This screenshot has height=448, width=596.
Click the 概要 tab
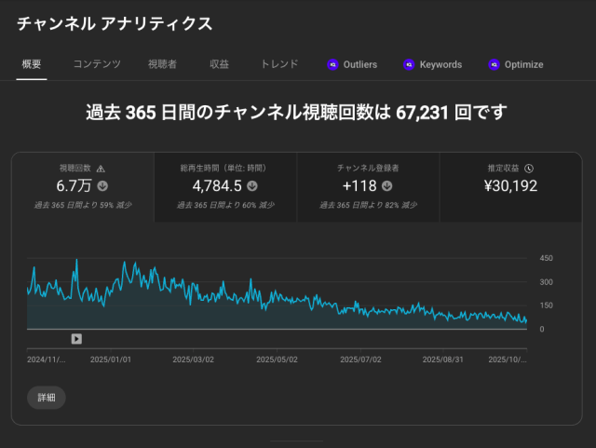pyautogui.click(x=31, y=64)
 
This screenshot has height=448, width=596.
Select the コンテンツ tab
pyautogui.click(x=97, y=64)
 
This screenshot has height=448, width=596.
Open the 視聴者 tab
pyautogui.click(x=162, y=64)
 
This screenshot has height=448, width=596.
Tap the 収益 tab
pyautogui.click(x=220, y=64)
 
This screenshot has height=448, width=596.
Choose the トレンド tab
pyautogui.click(x=279, y=64)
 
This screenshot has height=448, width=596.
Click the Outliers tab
pyautogui.click(x=353, y=65)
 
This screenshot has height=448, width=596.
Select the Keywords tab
pyautogui.click(x=433, y=65)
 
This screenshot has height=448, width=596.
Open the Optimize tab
pyautogui.click(x=516, y=65)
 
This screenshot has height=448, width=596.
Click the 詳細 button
pyautogui.click(x=47, y=398)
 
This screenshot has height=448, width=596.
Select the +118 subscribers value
pyautogui.click(x=360, y=185)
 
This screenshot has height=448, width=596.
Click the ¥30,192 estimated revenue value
pyautogui.click(x=511, y=185)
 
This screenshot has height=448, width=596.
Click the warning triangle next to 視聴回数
pyautogui.click(x=101, y=169)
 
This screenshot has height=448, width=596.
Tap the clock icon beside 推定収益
pyautogui.click(x=529, y=169)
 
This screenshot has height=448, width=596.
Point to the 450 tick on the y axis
pyautogui.click(x=547, y=259)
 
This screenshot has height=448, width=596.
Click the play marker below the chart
pyautogui.click(x=76, y=339)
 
